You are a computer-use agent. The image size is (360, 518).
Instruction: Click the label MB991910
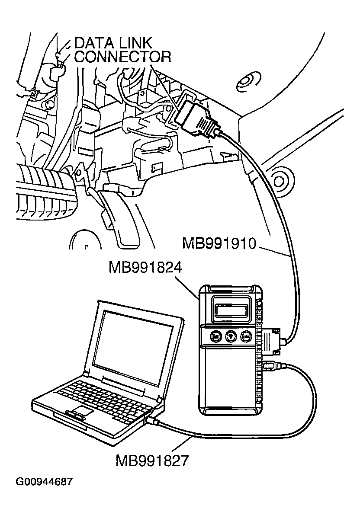[219, 243]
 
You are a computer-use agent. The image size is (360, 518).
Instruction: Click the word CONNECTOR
[122, 57]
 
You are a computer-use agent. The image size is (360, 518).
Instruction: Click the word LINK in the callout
[135, 43]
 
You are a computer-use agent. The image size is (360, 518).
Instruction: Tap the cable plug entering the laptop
[153, 420]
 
